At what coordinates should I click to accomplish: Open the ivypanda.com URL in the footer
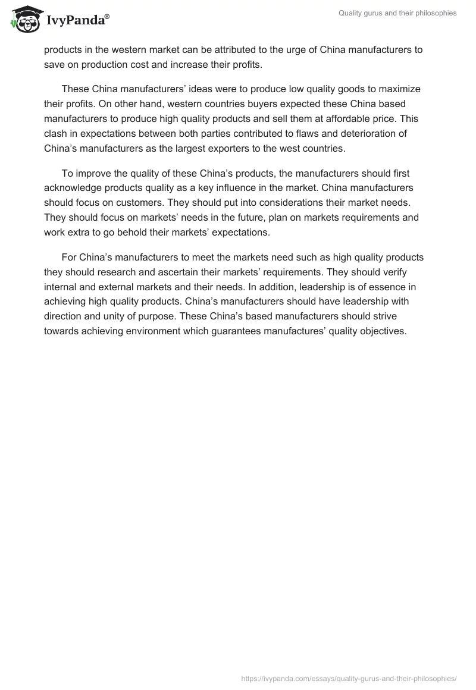(349, 678)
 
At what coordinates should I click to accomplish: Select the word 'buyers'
(259, 103)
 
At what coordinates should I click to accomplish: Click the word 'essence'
(377, 286)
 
